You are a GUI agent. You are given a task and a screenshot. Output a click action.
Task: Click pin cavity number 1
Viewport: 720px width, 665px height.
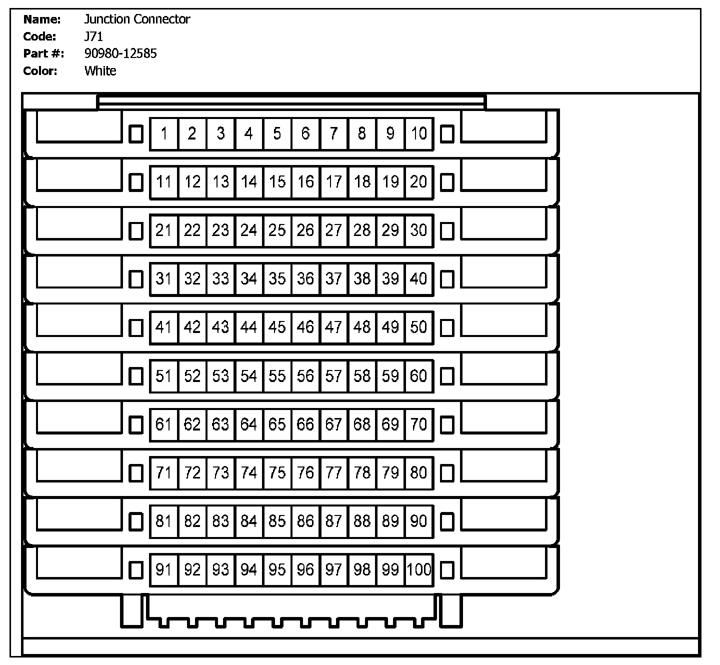coord(164,133)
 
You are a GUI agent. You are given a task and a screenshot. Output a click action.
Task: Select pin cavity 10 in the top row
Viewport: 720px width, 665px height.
coord(419,133)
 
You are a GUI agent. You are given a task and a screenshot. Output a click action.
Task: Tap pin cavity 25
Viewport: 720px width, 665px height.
coord(277,230)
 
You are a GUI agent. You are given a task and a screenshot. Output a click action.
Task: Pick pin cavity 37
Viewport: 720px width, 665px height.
coord(333,278)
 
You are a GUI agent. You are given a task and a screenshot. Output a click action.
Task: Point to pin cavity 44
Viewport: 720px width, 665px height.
coord(248,327)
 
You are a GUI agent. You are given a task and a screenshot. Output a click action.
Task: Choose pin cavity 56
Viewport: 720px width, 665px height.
coord(305,375)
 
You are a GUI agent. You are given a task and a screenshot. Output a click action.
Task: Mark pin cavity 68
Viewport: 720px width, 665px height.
coord(362,424)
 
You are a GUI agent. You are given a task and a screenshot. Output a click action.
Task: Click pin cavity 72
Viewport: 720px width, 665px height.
coord(192,472)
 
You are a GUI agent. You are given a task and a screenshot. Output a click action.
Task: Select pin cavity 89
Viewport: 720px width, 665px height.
coord(390,521)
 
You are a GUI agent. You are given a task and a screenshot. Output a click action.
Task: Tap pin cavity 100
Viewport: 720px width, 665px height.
coord(419,569)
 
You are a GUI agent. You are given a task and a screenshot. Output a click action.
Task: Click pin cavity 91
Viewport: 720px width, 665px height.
coord(164,569)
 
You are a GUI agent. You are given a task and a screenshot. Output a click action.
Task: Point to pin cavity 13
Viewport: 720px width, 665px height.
coord(220,182)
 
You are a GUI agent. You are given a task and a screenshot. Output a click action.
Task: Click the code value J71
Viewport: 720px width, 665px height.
coord(94,36)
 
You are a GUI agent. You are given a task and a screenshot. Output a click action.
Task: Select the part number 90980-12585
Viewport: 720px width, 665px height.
coord(120,53)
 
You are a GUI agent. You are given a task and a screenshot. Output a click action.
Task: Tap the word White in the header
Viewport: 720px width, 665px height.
coord(100,71)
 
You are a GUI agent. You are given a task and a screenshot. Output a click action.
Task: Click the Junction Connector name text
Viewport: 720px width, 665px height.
coord(137,19)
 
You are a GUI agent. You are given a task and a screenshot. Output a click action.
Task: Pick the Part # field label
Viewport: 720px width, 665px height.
coord(43,53)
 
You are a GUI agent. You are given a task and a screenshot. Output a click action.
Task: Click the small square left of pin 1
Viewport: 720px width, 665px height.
coord(135,133)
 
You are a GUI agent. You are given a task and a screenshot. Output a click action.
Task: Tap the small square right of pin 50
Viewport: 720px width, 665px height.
coord(447,327)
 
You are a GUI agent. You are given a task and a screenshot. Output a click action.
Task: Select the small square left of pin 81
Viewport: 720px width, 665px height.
coord(135,521)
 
